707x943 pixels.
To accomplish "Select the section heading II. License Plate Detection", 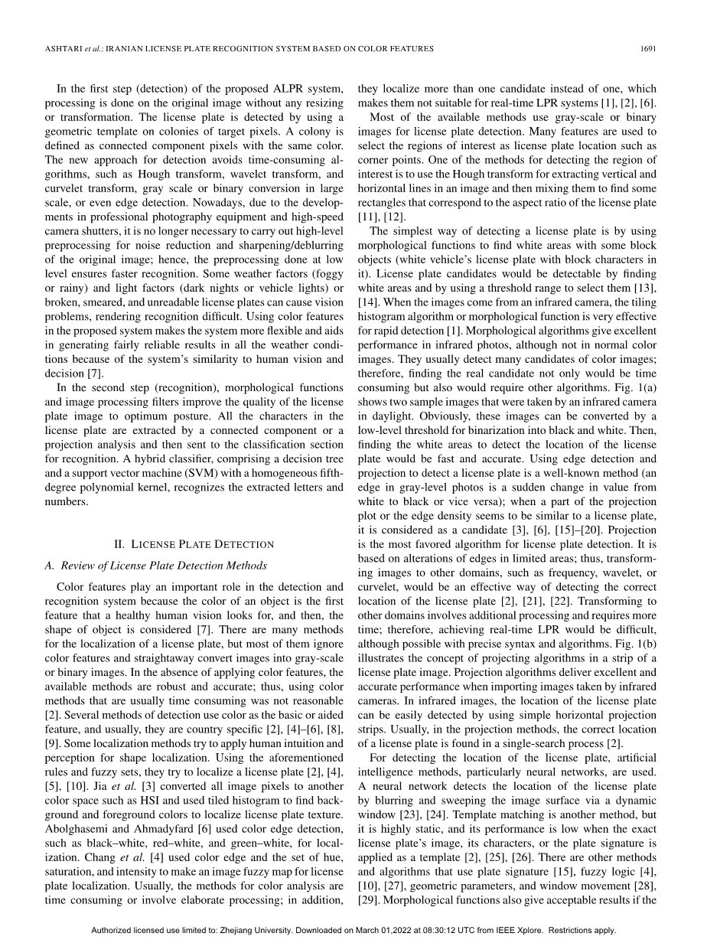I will tap(193, 544).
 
